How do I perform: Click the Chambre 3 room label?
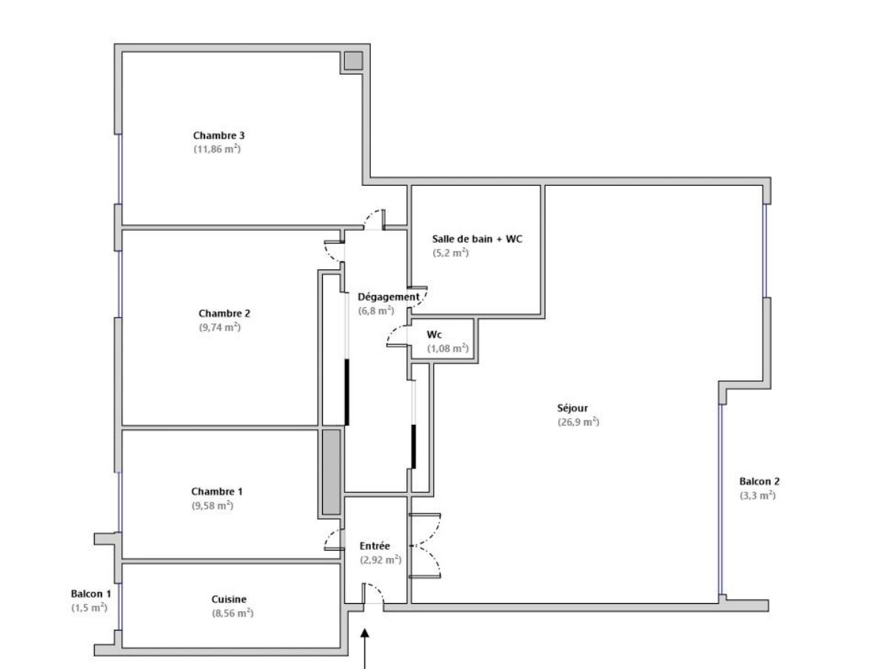(218, 135)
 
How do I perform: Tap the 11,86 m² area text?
(218, 149)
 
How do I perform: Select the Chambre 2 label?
(224, 313)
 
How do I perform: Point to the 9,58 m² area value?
(212, 505)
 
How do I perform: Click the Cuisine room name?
(229, 599)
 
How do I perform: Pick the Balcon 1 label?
(91, 594)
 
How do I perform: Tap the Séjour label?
(572, 408)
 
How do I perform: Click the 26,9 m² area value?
(578, 422)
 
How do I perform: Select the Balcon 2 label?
(760, 481)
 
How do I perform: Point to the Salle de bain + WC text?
(477, 239)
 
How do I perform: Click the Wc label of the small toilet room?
(434, 334)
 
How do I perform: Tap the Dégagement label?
(389, 297)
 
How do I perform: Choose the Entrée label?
(375, 545)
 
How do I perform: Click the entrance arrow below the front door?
(365, 649)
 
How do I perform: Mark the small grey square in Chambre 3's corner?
(354, 61)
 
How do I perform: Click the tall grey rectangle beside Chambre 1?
(332, 472)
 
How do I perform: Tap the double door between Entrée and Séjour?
(425, 546)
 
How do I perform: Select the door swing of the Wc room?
(397, 336)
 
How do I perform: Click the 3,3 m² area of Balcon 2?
(757, 496)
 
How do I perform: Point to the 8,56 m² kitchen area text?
(232, 613)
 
